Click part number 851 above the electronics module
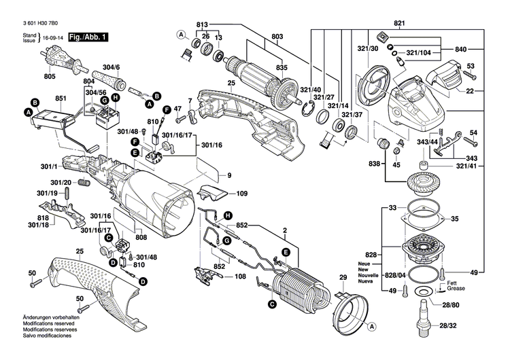coord(61,98)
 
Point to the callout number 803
coord(277,36)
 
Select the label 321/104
coord(419,52)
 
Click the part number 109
coord(241,194)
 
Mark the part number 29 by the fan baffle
coord(342,278)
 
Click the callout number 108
coord(240,276)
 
